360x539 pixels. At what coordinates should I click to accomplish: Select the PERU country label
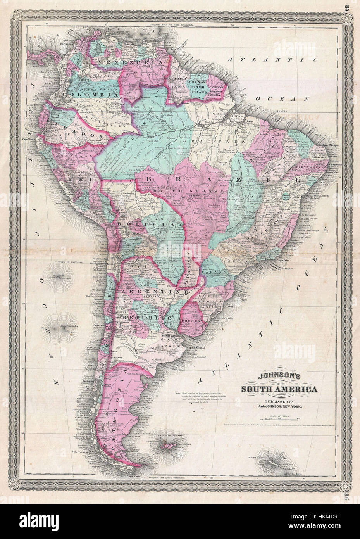point(72,180)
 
